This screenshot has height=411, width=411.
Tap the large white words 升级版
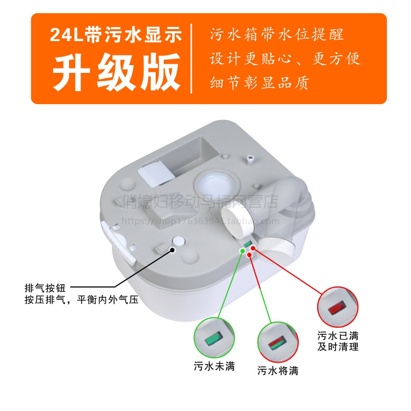pyautogui.click(x=116, y=73)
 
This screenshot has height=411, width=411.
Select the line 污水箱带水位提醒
pyautogui.click(x=277, y=35)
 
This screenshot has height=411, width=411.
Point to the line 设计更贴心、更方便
pyautogui.click(x=286, y=59)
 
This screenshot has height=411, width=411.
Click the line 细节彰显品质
pyautogui.click(x=259, y=83)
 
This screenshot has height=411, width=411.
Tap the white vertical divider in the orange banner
pyautogui.click(x=191, y=59)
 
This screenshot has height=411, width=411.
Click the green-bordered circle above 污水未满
pyautogui.click(x=215, y=338)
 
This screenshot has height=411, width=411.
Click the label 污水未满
pyautogui.click(x=214, y=367)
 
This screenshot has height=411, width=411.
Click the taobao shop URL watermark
pyautogui.click(x=200, y=221)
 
